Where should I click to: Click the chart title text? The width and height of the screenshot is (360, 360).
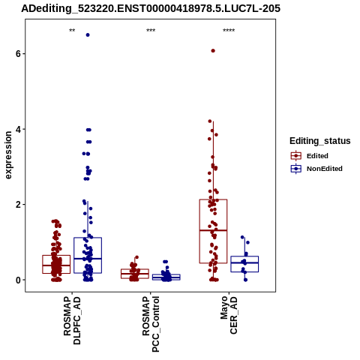[x=151, y=9]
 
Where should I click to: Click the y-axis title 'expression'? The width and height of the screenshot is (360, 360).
[x=8, y=155]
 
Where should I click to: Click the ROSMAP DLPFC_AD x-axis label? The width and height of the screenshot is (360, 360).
[x=72, y=320]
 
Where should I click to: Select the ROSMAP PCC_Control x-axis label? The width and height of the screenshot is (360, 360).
[x=151, y=324]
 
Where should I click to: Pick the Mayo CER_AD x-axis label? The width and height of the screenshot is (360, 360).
[x=229, y=315]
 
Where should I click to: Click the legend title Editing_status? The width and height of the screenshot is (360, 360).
[x=320, y=141]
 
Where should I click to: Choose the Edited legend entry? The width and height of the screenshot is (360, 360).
[x=310, y=156]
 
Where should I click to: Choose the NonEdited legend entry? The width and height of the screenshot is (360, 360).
[x=316, y=169]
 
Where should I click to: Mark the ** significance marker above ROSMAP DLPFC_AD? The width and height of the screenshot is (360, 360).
[x=72, y=31]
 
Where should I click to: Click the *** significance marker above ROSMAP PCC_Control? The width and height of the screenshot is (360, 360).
[x=151, y=31]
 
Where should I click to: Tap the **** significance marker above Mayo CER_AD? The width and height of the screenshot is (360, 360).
[x=229, y=31]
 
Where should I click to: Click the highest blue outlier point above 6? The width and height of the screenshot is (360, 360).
[x=88, y=35]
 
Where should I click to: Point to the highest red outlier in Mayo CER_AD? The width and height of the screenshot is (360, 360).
[x=213, y=51]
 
